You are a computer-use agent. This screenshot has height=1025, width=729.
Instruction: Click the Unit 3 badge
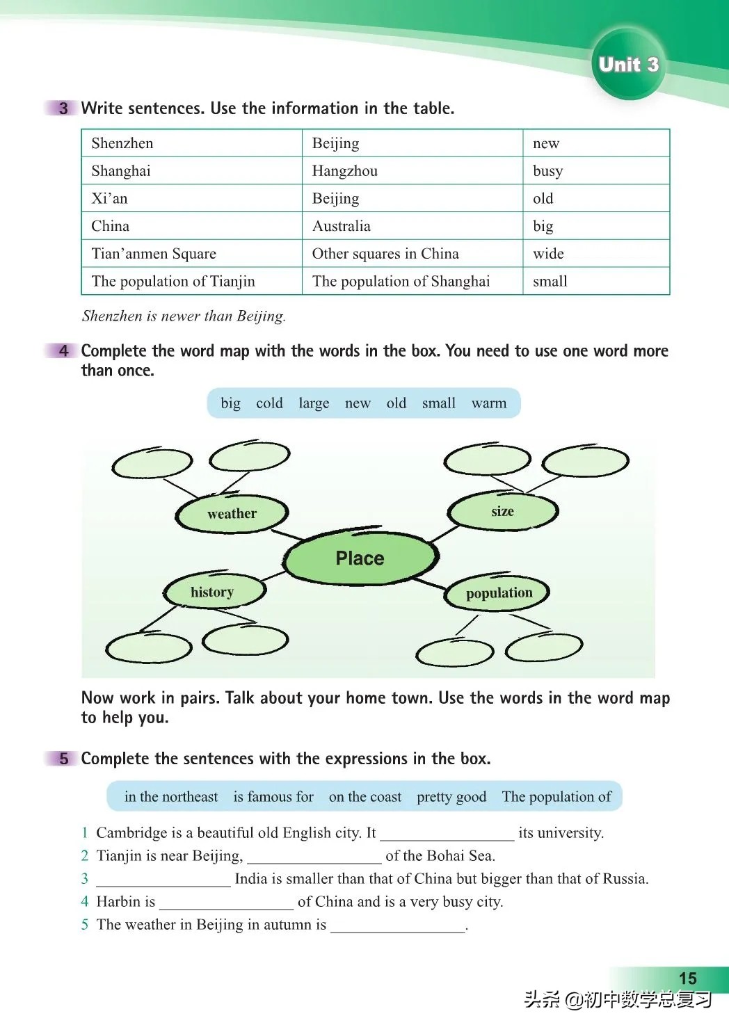[628, 65]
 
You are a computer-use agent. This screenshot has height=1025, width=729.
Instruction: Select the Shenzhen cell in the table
[122, 143]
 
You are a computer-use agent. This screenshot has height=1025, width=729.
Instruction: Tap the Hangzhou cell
[344, 171]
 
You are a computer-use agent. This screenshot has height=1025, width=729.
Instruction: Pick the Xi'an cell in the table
[110, 199]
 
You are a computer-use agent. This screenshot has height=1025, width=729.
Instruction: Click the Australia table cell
[341, 226]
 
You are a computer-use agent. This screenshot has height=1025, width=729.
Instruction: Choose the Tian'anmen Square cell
[154, 254]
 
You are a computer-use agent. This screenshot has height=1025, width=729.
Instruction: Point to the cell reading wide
[548, 254]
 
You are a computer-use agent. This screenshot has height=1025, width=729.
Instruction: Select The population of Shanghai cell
[401, 281]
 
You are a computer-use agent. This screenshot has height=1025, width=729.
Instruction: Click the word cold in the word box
[269, 403]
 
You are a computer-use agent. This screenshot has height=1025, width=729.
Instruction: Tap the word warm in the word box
[489, 403]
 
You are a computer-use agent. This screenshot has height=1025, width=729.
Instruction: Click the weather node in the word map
[232, 514]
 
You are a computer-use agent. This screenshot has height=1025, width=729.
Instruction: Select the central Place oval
[360, 558]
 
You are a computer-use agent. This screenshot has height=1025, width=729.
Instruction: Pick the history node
[212, 592]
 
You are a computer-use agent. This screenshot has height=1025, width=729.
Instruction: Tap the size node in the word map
[502, 512]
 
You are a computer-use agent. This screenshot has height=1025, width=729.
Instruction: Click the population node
[499, 593]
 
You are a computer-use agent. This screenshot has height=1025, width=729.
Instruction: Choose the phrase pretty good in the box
[451, 797]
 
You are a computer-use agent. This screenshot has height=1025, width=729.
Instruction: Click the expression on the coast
[365, 797]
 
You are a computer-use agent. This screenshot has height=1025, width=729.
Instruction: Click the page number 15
[687, 978]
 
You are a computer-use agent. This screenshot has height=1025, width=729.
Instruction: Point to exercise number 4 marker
[63, 351]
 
